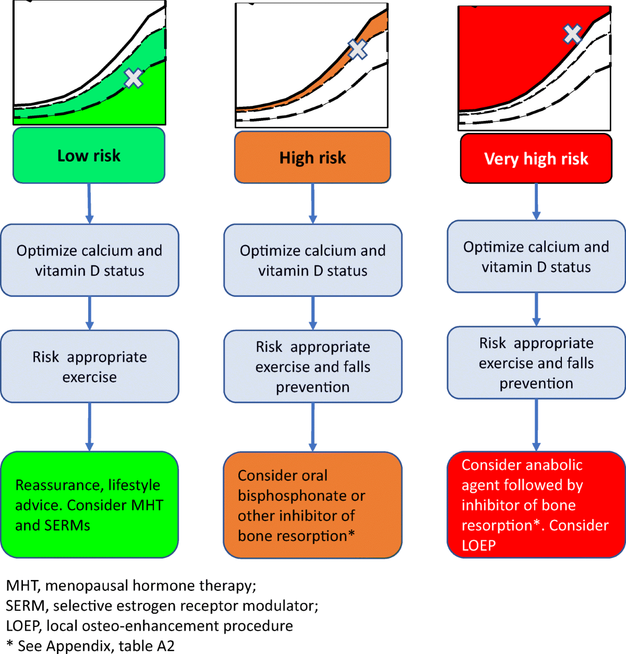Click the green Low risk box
tap(89, 155)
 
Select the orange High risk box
tap(312, 157)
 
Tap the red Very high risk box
tap(536, 158)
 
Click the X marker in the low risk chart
tap(134, 78)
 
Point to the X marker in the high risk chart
tap(358, 50)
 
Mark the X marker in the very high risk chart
tap(573, 34)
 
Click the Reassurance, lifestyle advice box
tap(89, 504)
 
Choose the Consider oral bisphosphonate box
tap(312, 505)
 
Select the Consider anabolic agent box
tap(536, 504)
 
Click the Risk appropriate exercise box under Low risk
tap(89, 366)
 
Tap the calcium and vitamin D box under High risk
tap(312, 260)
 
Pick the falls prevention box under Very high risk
tap(536, 363)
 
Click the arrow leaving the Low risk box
tap(89, 203)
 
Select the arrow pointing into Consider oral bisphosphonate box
tap(312, 427)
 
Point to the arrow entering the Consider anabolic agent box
tap(536, 425)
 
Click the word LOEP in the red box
tap(478, 546)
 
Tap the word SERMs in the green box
tap(68, 525)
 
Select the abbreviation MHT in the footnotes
tap(22, 586)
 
